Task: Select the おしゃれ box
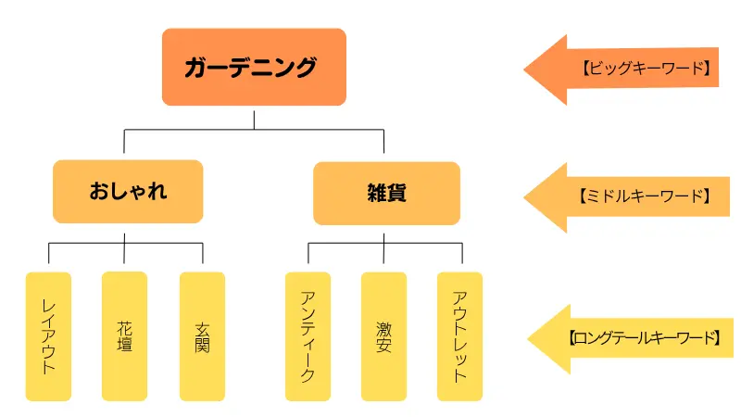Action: coord(128,193)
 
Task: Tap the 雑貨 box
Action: coord(386,194)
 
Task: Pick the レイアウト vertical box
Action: coord(49,335)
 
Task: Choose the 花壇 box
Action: coord(125,335)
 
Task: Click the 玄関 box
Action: coord(203,335)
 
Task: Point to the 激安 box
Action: coord(383,335)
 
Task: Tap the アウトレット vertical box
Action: coord(459,335)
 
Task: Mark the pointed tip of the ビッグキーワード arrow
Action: coord(526,69)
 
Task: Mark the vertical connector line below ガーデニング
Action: coord(254,119)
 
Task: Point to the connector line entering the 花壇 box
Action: coord(125,254)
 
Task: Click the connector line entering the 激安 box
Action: coord(383,256)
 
